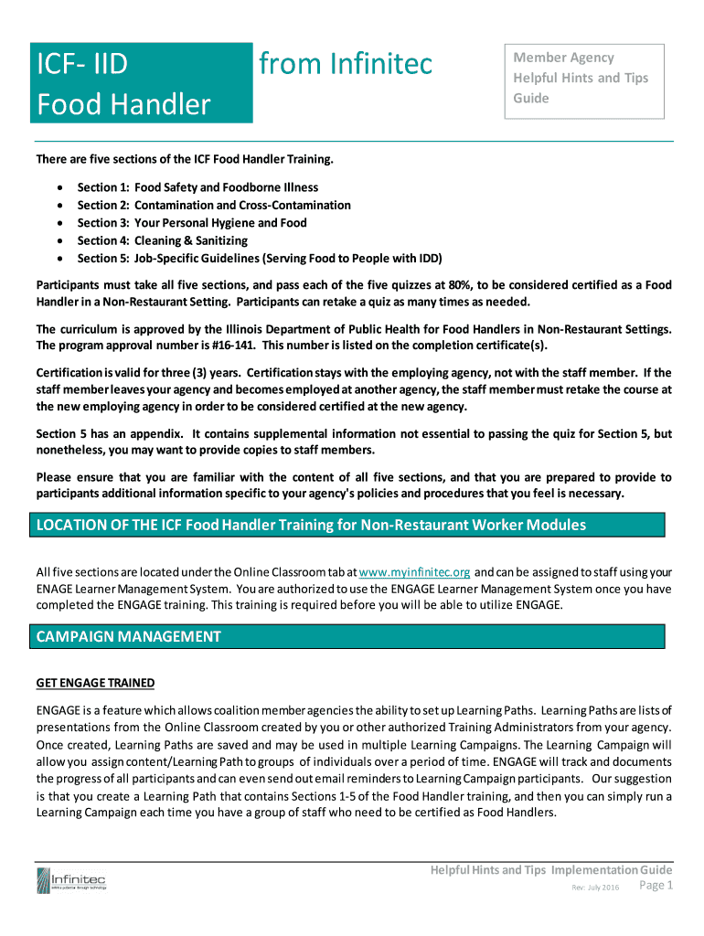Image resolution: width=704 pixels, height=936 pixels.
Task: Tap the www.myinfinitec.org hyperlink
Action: tap(415, 572)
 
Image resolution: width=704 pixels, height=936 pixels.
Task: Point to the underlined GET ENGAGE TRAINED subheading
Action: tap(95, 683)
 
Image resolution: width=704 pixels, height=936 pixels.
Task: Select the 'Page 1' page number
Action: tap(656, 886)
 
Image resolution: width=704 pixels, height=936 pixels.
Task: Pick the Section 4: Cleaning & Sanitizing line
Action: tap(162, 240)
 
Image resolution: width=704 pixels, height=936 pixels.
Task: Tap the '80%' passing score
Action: tap(487, 285)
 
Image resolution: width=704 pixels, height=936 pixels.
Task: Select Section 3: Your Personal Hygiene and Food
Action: tap(191, 223)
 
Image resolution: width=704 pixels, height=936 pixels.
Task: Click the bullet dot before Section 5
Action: tap(60, 259)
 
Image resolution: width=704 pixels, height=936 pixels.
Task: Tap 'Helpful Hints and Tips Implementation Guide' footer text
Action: tap(551, 869)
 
